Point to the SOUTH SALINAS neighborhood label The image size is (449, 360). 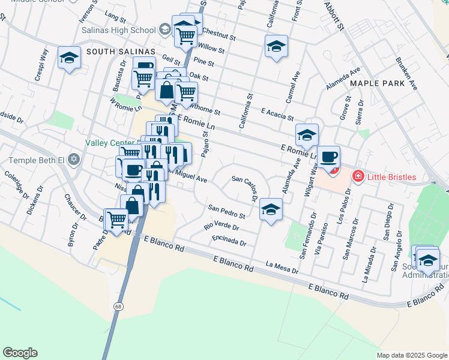(x=120, y=52)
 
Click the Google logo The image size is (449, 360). (x=20, y=353)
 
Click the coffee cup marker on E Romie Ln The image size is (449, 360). (x=328, y=157)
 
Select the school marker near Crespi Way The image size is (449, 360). (x=70, y=58)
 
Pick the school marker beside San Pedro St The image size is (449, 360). (x=271, y=210)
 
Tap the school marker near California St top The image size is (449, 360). (x=276, y=46)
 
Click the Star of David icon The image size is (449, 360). (x=74, y=160)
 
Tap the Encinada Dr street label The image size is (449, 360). (x=229, y=241)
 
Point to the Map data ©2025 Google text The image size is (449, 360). (x=412, y=355)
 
